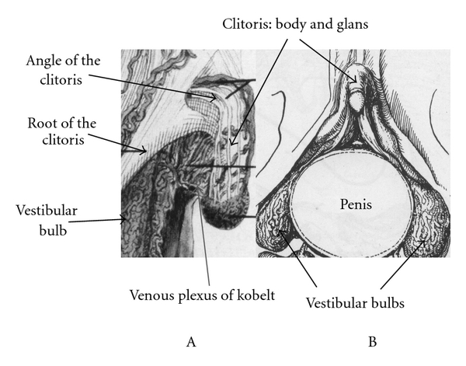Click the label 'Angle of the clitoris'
click(63, 70)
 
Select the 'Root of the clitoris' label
click(62, 131)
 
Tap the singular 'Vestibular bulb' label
click(47, 221)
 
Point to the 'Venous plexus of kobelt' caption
click(202, 295)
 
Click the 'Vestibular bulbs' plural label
click(355, 303)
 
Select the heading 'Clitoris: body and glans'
click(295, 24)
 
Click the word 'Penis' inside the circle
click(356, 204)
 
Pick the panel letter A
click(191, 342)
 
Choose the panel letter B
click(372, 342)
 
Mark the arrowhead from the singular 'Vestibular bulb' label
click(123, 220)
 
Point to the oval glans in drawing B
click(356, 100)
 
